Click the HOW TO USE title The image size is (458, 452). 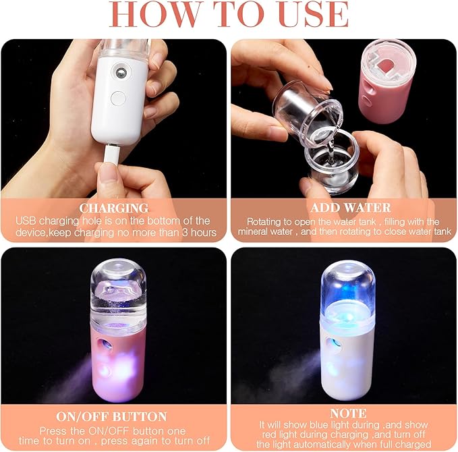pyautogui.click(x=229, y=15)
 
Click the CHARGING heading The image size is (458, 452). pyautogui.click(x=113, y=208)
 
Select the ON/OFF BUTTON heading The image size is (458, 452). pyautogui.click(x=113, y=416)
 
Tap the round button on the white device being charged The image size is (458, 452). pyautogui.click(x=119, y=98)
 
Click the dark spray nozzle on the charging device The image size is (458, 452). pyautogui.click(x=119, y=70)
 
